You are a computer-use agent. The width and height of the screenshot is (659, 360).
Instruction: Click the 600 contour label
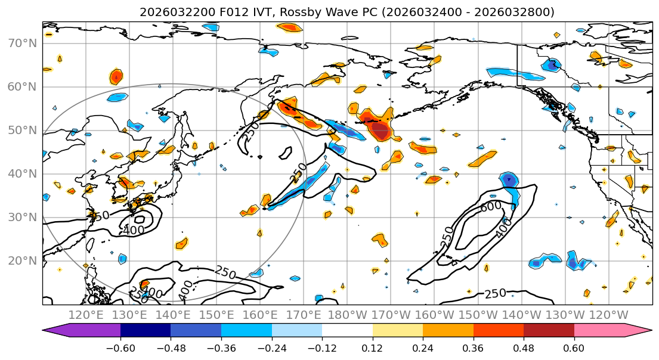click(491, 206)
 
